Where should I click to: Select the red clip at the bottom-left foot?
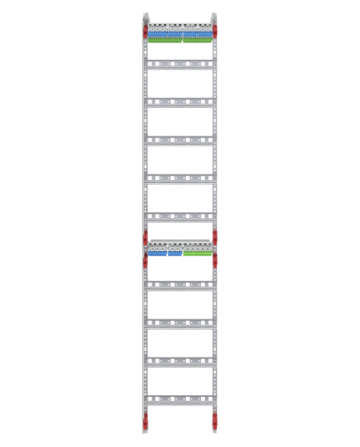[145, 421]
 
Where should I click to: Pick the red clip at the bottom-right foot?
[214, 421]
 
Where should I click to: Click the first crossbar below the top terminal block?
[179, 64]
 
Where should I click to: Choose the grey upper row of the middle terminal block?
[179, 248]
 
